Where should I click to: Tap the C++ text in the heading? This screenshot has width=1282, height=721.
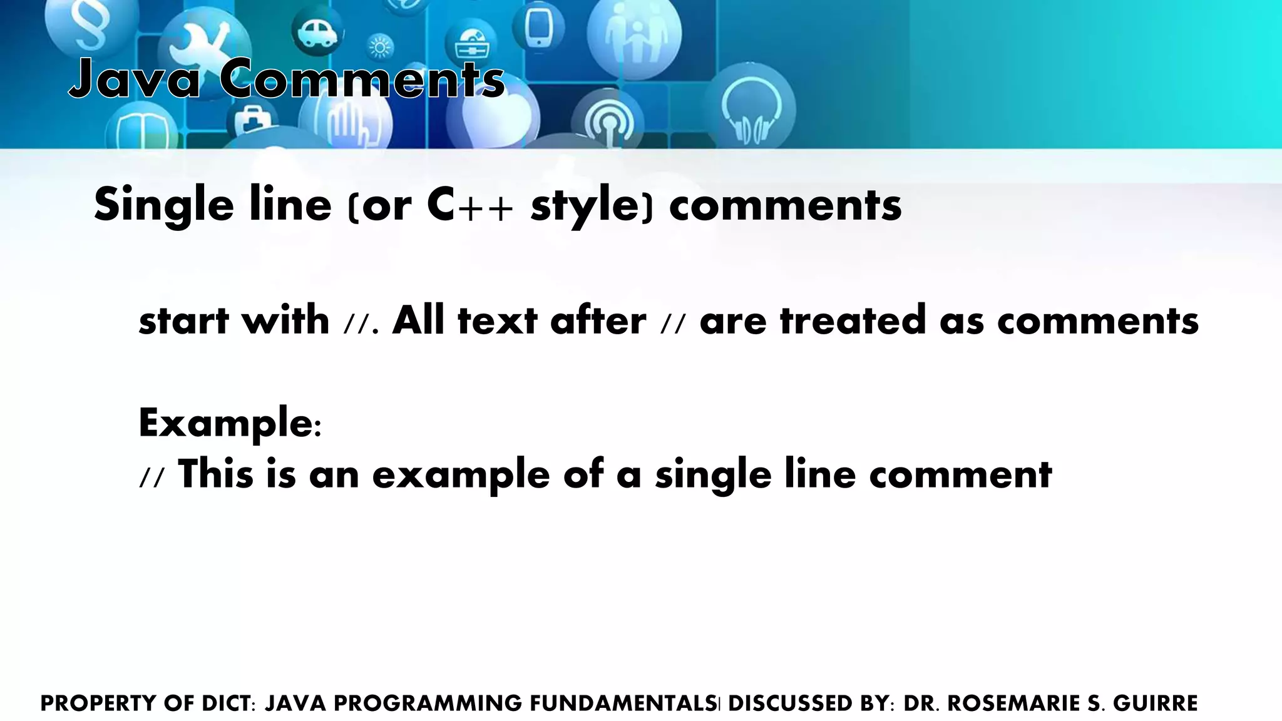(469, 205)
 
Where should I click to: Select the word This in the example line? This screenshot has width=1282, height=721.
(216, 474)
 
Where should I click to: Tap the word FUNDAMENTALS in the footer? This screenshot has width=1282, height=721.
(623, 703)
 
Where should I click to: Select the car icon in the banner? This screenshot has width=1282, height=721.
(317, 31)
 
